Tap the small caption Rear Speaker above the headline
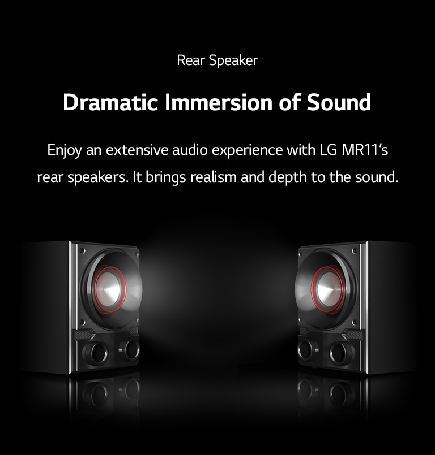click(217, 60)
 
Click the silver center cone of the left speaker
click(110, 289)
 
